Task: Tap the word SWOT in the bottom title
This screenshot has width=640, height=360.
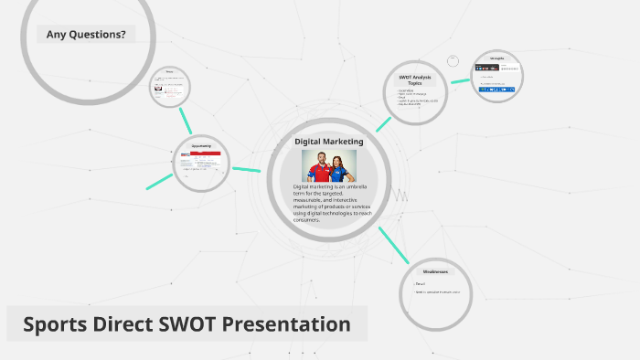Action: pyautogui.click(x=173, y=324)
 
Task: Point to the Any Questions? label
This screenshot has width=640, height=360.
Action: pyautogui.click(x=86, y=35)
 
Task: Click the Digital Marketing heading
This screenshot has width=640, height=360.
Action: pyautogui.click(x=328, y=142)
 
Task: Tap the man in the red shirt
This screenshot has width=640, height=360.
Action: pyautogui.click(x=316, y=167)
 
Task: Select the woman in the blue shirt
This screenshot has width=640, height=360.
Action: pyautogui.click(x=342, y=168)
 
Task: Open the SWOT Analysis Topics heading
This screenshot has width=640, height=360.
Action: pyautogui.click(x=415, y=79)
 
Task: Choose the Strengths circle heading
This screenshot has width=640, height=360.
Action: pyautogui.click(x=497, y=57)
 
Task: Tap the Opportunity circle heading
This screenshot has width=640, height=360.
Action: pyautogui.click(x=201, y=146)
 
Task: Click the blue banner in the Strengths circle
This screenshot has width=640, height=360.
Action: pyautogui.click(x=497, y=90)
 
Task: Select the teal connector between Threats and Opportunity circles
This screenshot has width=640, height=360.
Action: pyautogui.click(x=187, y=119)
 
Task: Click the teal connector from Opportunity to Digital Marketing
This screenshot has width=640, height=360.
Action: pyautogui.click(x=246, y=169)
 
